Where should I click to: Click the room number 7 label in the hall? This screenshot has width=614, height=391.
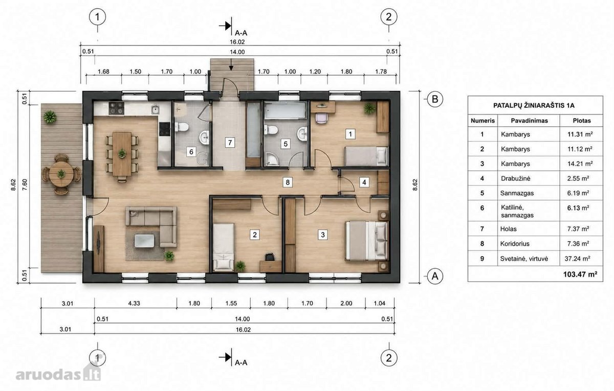pyautogui.click(x=230, y=143)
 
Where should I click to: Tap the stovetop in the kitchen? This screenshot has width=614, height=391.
pyautogui.click(x=117, y=108)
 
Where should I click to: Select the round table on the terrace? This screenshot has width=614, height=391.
pyautogui.click(x=61, y=174)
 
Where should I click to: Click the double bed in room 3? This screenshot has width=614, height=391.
pyautogui.click(x=367, y=241)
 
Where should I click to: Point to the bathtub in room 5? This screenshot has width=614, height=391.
pyautogui.click(x=285, y=110)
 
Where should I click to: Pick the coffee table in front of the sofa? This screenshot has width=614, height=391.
pyautogui.click(x=144, y=241)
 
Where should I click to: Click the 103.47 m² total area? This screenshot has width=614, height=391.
pyautogui.click(x=580, y=274)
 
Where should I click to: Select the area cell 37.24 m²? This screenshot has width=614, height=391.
pyautogui.click(x=577, y=259)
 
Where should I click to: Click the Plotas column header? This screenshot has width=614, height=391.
pyautogui.click(x=582, y=121)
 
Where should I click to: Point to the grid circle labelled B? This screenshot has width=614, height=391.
pyautogui.click(x=435, y=99)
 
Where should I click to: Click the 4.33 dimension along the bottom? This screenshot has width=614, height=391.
pyautogui.click(x=134, y=304)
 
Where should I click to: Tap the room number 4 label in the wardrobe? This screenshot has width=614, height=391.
pyautogui.click(x=364, y=182)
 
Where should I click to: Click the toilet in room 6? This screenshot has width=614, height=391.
pyautogui.click(x=182, y=127)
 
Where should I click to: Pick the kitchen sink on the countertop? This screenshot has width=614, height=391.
pyautogui.click(x=155, y=109)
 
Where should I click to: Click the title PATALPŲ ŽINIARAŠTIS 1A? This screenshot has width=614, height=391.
pyautogui.click(x=534, y=105)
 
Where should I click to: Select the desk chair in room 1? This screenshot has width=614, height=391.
pyautogui.click(x=321, y=118)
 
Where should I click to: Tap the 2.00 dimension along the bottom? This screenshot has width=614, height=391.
pyautogui.click(x=346, y=304)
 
